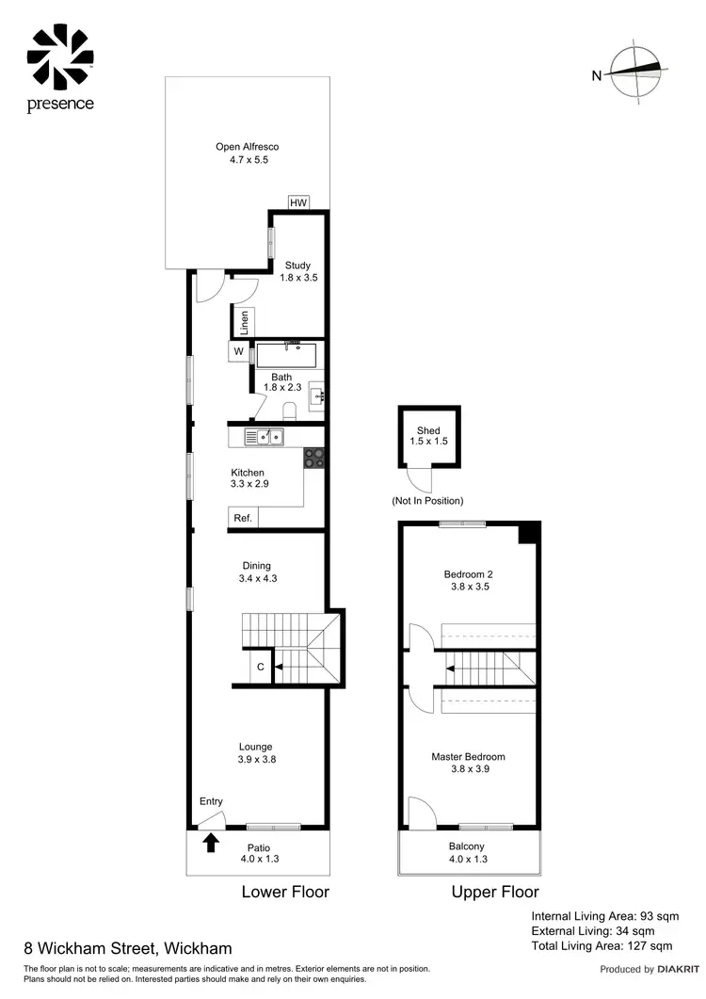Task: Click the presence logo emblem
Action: (x=60, y=56)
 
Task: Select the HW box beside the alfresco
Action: (x=298, y=203)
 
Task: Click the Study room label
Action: (x=297, y=266)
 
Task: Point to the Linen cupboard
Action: (x=244, y=322)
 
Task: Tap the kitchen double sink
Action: (x=265, y=436)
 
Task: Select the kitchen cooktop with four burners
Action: (x=313, y=458)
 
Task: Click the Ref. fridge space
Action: (x=242, y=518)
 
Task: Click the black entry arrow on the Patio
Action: (x=211, y=842)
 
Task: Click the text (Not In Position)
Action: (x=427, y=501)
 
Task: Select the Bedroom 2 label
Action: (x=468, y=573)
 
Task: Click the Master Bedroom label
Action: (x=468, y=756)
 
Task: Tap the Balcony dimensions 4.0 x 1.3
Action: (x=468, y=859)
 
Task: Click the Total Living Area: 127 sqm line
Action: (x=602, y=945)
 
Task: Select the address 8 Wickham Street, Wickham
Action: (x=127, y=948)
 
